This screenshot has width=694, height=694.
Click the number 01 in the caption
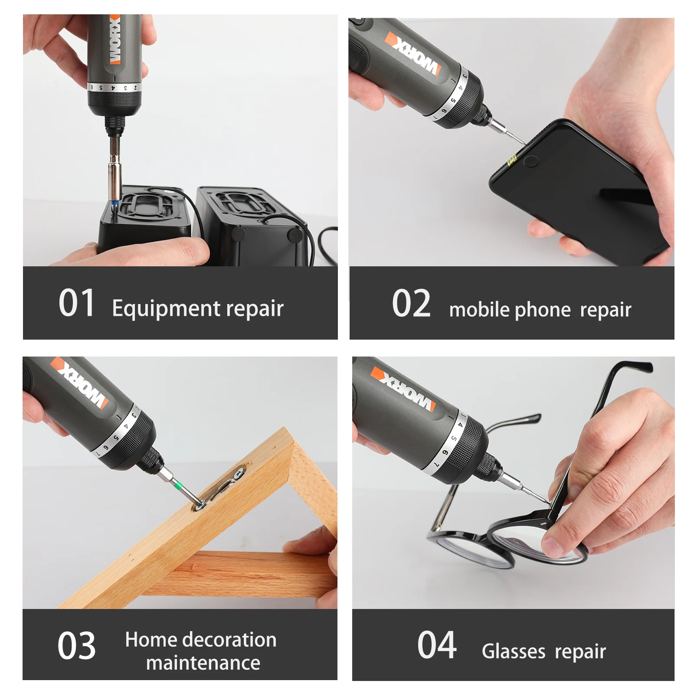(76, 303)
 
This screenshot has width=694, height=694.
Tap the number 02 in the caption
(411, 304)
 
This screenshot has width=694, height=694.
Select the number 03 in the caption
(76, 646)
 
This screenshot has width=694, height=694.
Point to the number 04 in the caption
(436, 645)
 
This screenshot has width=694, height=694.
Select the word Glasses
(513, 651)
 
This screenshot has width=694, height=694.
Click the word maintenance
(203, 663)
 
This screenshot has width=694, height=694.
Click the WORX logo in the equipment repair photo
(115, 39)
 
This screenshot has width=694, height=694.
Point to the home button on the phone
(530, 162)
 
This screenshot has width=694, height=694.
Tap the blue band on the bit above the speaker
(115, 202)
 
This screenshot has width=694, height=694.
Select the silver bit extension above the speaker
(115, 176)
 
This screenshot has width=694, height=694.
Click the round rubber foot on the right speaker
(295, 235)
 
